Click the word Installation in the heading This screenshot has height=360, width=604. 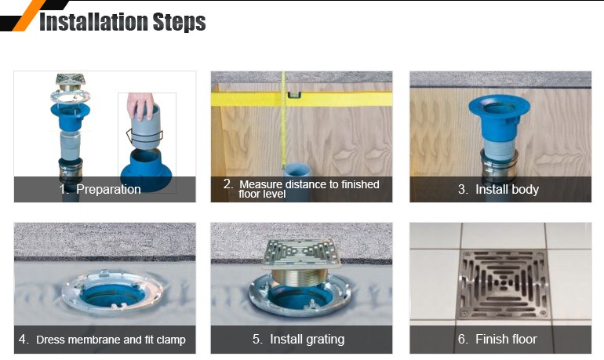click(x=93, y=21)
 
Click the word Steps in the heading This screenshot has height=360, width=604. click(x=179, y=22)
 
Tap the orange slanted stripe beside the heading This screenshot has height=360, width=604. click(x=29, y=16)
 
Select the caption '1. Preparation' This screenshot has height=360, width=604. click(x=100, y=190)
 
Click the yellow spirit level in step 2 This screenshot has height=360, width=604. click(x=301, y=99)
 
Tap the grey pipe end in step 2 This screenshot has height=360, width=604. click(x=296, y=171)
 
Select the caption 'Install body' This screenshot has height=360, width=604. click(x=507, y=190)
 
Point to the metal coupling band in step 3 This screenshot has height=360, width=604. click(x=499, y=165)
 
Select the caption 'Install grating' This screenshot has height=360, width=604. click(x=307, y=339)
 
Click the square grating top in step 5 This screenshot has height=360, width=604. click(x=300, y=253)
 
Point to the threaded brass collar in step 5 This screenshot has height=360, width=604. click(x=299, y=276)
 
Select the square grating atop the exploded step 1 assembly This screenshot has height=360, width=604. click(x=70, y=80)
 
